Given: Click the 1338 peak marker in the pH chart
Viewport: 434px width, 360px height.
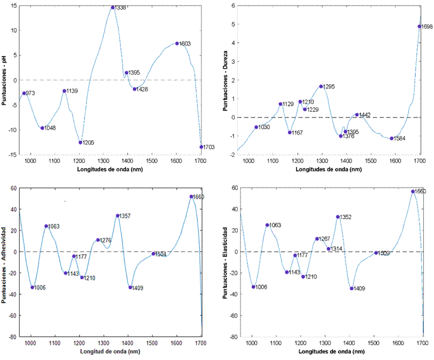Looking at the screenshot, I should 113,7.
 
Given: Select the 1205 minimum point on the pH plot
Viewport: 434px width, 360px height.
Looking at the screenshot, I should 81,142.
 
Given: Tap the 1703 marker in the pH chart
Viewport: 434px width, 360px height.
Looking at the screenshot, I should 201,146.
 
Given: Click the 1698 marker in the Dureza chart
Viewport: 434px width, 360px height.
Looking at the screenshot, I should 420,26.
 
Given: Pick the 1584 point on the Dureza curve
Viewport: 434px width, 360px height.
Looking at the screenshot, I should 391,138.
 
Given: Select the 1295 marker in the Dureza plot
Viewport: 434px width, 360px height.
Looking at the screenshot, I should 321,86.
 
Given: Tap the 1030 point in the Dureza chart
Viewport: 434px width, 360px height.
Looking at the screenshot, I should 256,127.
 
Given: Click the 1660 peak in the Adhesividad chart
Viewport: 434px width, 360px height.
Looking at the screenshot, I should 191,196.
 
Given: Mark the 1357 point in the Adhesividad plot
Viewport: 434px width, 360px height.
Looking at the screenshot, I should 117,216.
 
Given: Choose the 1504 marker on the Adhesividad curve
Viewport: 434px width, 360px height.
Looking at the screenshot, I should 153,254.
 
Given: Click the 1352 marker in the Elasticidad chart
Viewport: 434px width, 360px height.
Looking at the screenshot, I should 338,217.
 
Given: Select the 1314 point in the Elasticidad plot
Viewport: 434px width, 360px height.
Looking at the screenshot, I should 328,249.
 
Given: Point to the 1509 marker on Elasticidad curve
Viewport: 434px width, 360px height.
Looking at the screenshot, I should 376,253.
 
